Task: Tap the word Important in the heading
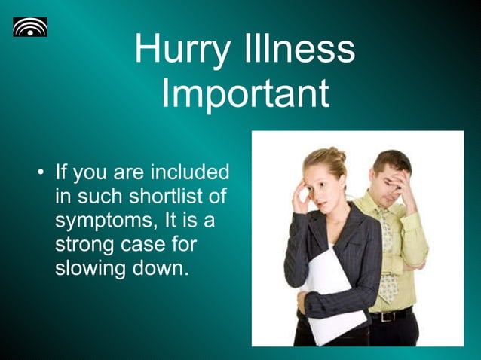click(x=245, y=93)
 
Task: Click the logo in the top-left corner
click(x=30, y=27)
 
